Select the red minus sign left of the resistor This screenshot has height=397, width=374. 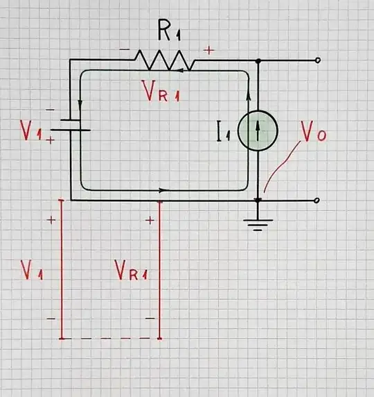[x=124, y=50]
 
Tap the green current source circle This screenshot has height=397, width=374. [x=258, y=130]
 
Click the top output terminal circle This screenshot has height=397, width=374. [x=317, y=61]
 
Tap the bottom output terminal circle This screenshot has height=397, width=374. [x=317, y=201]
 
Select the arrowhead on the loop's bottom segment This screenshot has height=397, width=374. [x=162, y=189]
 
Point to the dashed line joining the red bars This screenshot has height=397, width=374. [x=110, y=339]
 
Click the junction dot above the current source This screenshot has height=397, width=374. [x=258, y=61]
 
